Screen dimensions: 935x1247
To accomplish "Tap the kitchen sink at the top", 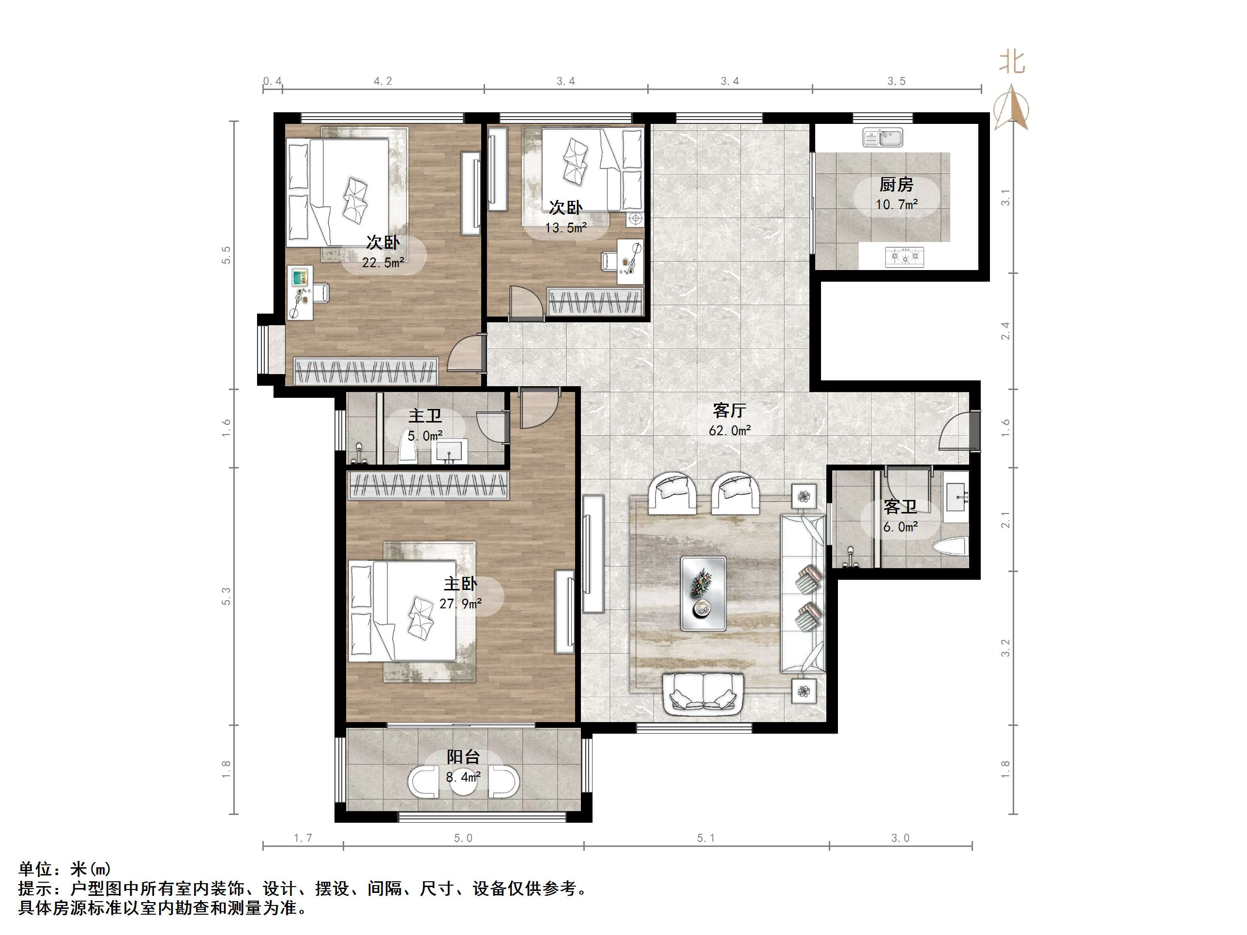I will coord(882,137).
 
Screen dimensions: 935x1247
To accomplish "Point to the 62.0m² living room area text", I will coord(730,431).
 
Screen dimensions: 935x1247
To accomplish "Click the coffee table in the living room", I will coord(703,593).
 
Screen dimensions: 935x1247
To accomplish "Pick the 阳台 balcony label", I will coord(463,757).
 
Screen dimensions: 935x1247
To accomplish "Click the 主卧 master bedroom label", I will coord(460,584).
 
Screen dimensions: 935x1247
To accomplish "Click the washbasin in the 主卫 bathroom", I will coord(449,452).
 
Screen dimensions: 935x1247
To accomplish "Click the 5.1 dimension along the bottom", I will coord(705,838).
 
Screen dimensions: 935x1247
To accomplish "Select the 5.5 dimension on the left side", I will coord(226,255).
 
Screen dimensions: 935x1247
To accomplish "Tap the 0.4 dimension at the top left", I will coord(272,81).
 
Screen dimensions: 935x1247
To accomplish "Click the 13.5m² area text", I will coord(565,227).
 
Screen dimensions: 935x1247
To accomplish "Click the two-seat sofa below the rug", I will coord(703,695).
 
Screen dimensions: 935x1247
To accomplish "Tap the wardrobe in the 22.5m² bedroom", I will coord(366,371).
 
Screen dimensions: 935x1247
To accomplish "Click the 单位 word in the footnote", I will coord(35,869).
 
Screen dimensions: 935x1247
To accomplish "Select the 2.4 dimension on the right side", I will coord(1005,331).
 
